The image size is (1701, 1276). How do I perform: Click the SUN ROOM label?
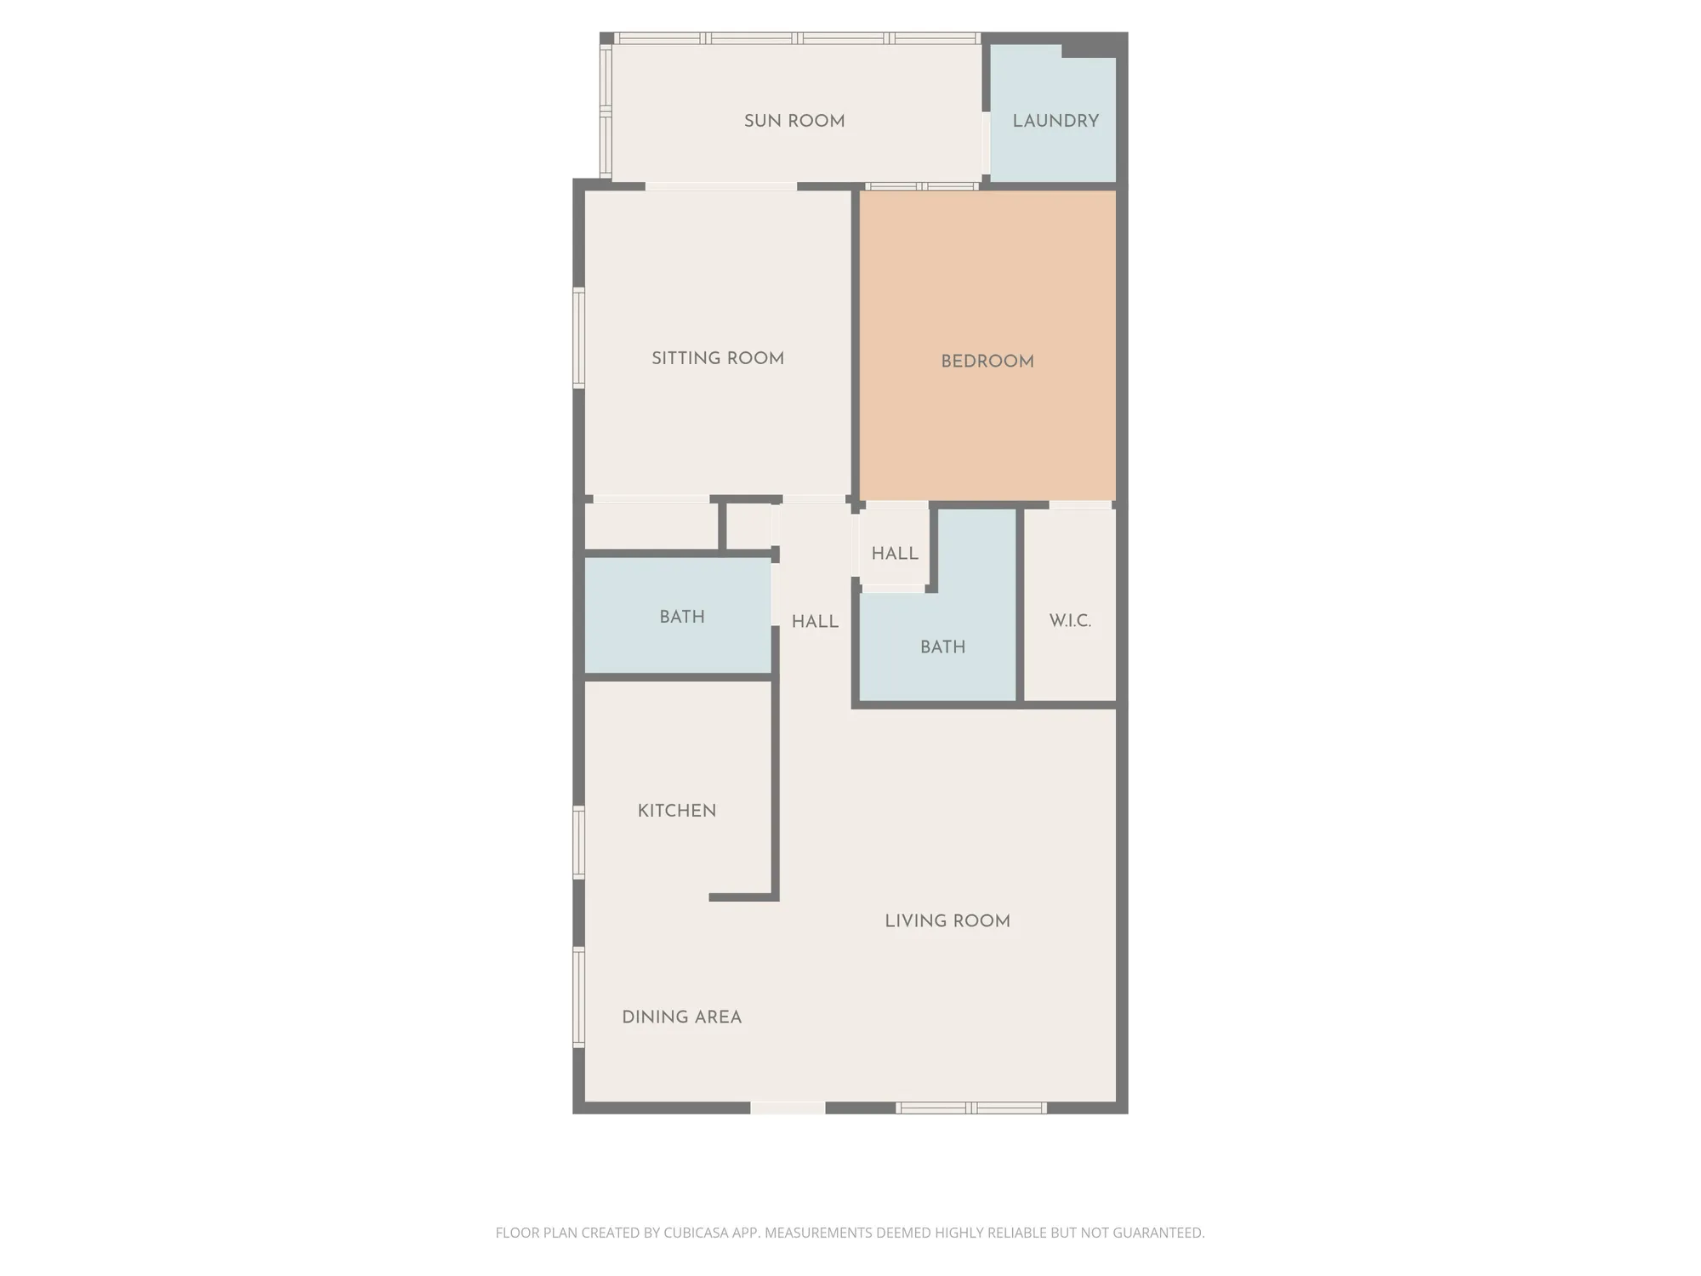click(x=794, y=121)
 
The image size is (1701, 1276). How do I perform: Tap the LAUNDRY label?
click(x=1055, y=121)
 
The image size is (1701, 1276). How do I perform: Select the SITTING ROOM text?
click(x=718, y=358)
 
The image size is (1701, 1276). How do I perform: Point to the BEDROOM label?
click(x=987, y=361)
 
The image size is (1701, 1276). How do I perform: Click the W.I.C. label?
click(x=1070, y=620)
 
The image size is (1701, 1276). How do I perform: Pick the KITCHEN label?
click(x=677, y=811)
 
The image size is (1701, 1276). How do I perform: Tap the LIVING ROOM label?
click(x=947, y=920)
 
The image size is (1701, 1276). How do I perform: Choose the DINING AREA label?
click(x=681, y=1017)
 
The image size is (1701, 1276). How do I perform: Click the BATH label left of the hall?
click(x=682, y=617)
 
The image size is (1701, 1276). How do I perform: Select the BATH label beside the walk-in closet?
click(x=942, y=647)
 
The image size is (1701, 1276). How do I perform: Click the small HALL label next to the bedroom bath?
click(x=895, y=553)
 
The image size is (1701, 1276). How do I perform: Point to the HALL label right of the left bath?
click(x=815, y=622)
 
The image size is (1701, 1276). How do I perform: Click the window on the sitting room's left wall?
click(x=579, y=338)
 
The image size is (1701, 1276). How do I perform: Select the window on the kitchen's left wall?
click(x=579, y=842)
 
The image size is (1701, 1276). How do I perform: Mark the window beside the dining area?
click(x=579, y=997)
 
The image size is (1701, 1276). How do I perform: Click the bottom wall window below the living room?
click(x=970, y=1108)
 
